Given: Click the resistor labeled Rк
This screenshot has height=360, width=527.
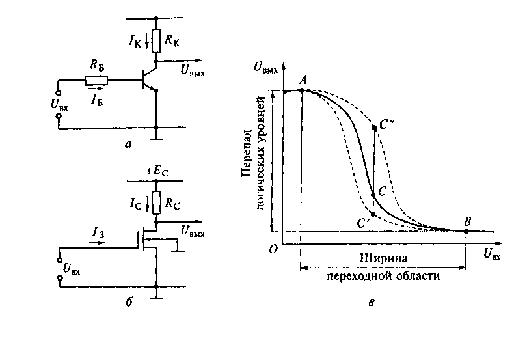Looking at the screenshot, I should (x=156, y=37).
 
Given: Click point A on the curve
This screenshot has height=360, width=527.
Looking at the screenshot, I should (x=303, y=90).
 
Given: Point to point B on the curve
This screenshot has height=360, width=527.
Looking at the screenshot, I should (x=467, y=230).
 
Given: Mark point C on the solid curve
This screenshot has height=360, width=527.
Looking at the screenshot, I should (x=373, y=194).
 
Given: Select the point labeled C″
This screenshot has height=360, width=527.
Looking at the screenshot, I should (x=373, y=127).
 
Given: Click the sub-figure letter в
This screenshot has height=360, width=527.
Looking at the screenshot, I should (x=370, y=301).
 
